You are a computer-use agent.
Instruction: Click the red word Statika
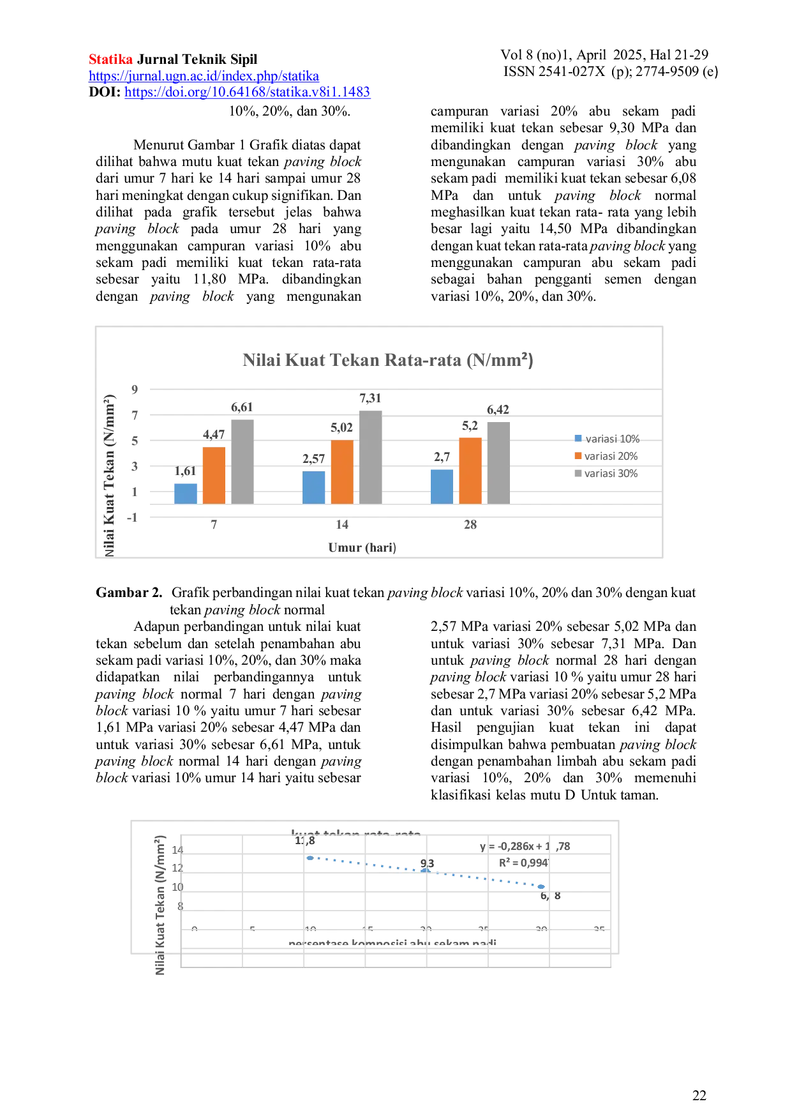[x=110, y=60]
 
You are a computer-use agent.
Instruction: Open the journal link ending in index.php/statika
[x=204, y=77]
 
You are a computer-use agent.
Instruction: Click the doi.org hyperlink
[x=247, y=92]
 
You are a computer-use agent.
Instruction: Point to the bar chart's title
[x=387, y=361]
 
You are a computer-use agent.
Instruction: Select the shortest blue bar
[x=186, y=492]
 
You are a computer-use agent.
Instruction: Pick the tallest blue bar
[x=442, y=486]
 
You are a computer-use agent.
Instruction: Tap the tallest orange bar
[x=470, y=470]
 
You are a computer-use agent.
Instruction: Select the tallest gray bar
[x=370, y=456]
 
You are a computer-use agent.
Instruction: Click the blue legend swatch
[x=578, y=439]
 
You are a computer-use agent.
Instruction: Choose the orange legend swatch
[x=578, y=456]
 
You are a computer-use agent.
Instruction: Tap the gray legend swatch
[x=578, y=473]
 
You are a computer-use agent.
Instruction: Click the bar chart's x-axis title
[x=362, y=548]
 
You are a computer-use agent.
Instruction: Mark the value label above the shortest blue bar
[x=186, y=472]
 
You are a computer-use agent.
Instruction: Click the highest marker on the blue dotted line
[x=310, y=858]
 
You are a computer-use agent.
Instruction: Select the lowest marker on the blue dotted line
[x=542, y=887]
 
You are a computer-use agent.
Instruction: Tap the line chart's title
[x=356, y=833]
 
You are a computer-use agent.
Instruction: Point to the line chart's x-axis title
[x=392, y=941]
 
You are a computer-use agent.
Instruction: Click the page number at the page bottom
[x=699, y=1096]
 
